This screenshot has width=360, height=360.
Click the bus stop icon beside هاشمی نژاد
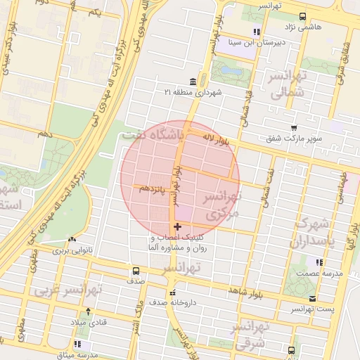tap(302, 16)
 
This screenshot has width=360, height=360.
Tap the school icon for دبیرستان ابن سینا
tap(257, 32)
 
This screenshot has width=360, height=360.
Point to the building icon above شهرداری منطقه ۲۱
tap(193, 81)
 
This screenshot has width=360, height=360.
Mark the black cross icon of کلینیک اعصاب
tap(176, 226)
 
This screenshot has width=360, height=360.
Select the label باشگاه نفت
tap(153, 134)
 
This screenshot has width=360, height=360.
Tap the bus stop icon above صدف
tap(136, 271)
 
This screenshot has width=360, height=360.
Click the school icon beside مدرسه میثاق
tap(77, 345)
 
